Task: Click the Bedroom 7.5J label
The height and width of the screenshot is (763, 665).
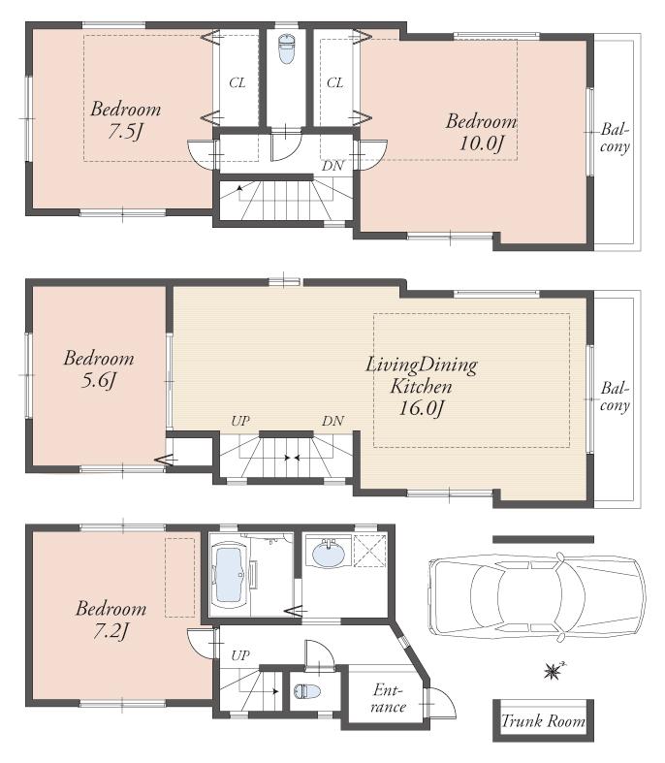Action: click(126, 120)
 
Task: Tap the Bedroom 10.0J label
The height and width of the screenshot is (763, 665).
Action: click(481, 133)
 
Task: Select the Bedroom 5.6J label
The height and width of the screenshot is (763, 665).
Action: click(99, 369)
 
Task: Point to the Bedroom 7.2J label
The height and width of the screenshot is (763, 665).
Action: click(111, 620)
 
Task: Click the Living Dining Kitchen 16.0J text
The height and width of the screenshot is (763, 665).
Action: click(421, 386)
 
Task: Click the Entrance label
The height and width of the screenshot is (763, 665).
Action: click(390, 698)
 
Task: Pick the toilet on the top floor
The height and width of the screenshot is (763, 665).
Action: click(286, 49)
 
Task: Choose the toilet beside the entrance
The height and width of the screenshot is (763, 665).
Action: click(305, 692)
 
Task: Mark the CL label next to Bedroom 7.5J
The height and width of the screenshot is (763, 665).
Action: click(237, 83)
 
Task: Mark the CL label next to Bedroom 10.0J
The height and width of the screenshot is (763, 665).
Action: click(334, 83)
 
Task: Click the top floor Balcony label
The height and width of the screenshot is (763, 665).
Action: click(615, 139)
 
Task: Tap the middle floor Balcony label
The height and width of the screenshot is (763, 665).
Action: click(615, 397)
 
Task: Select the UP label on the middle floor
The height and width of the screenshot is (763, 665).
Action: click(240, 422)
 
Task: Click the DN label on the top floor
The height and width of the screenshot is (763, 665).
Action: click(332, 166)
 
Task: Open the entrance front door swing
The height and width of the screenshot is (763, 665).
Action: click(440, 703)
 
